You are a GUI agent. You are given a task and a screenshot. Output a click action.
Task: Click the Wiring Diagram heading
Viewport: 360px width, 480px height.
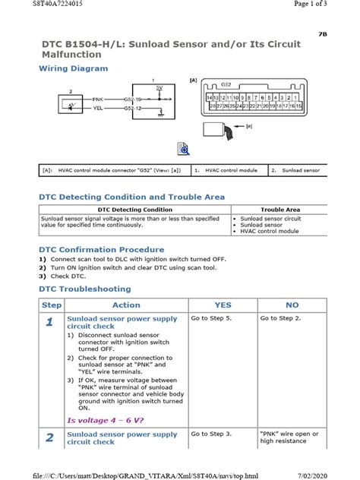click(x=73, y=68)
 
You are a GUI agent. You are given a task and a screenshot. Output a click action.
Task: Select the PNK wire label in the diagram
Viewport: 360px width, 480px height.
click(x=98, y=99)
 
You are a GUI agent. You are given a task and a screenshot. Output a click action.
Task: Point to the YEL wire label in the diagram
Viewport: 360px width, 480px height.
click(x=98, y=108)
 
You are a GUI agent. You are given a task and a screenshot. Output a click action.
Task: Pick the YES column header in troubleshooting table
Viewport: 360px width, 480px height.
click(x=223, y=305)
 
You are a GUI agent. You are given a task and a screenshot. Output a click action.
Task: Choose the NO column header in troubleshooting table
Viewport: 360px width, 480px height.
click(x=291, y=305)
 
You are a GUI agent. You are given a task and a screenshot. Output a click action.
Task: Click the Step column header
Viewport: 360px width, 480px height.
click(x=51, y=305)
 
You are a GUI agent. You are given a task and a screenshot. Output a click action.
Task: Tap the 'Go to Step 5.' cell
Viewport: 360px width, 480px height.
click(x=211, y=319)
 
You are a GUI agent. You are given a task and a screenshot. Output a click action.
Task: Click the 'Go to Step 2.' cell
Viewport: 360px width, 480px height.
click(x=280, y=319)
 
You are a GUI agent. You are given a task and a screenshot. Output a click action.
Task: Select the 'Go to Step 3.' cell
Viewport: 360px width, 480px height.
click(x=211, y=434)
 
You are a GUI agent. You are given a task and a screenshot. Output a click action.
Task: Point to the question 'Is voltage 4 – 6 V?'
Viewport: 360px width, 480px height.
click(x=106, y=419)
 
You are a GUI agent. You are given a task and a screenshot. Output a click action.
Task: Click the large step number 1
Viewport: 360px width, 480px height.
click(x=49, y=323)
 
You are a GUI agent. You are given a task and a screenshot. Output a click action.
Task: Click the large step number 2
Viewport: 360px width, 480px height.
click(x=49, y=437)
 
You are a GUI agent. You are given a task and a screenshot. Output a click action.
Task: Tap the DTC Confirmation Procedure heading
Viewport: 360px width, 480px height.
click(x=101, y=249)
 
